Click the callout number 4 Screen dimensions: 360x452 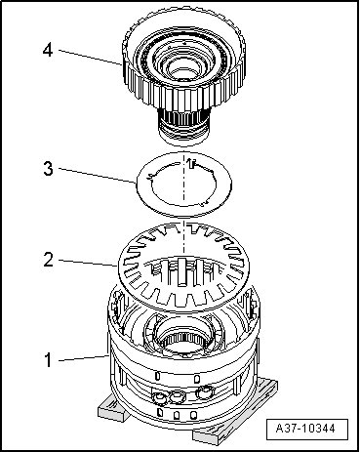(x=48, y=51)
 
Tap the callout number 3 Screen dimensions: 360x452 (x=48, y=169)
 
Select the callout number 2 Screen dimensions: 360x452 (x=48, y=261)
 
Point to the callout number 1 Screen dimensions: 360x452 (x=48, y=360)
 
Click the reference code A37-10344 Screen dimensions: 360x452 (x=305, y=429)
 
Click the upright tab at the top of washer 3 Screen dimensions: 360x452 (x=192, y=164)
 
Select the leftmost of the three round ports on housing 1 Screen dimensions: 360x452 (x=159, y=397)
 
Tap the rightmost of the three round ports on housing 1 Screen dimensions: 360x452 (x=204, y=392)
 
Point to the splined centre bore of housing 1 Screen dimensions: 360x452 (x=183, y=344)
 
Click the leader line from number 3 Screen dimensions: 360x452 (x=97, y=176)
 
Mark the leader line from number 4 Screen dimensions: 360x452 (x=90, y=58)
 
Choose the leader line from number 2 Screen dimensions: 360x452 (x=88, y=263)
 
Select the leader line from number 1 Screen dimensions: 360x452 (x=84, y=358)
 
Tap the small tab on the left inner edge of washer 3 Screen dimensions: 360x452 (x=149, y=177)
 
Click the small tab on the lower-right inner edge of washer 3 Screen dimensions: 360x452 (x=204, y=203)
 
